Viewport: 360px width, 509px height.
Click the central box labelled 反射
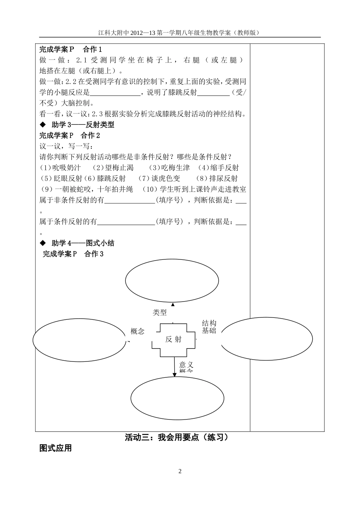pos(174,339)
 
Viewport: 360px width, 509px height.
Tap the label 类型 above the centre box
pos(160,313)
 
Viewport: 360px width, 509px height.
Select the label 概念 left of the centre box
pos(138,331)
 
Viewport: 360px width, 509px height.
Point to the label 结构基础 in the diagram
pos(209,327)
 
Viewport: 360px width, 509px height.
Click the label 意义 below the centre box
pos(186,365)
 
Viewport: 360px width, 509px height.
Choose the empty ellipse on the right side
pos(266,339)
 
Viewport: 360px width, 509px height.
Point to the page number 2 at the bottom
pos(180,471)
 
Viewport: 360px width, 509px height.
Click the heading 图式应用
pos(55,448)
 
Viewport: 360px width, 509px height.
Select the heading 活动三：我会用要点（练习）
pos(177,437)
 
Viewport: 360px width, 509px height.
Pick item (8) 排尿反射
pos(218,178)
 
